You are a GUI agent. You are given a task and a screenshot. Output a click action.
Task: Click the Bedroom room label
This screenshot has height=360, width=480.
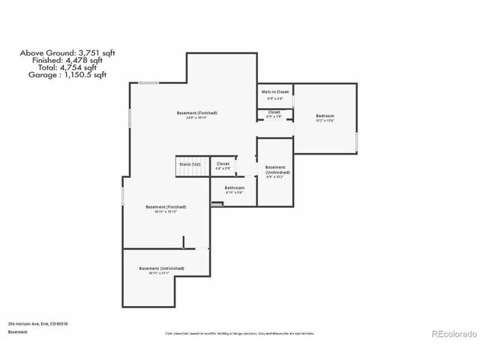(324, 115)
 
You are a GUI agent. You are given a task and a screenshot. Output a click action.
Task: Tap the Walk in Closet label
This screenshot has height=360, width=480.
(275, 91)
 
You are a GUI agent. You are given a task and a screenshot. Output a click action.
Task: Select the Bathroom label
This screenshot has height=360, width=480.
(235, 187)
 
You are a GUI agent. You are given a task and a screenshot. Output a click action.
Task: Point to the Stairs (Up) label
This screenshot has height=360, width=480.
(190, 163)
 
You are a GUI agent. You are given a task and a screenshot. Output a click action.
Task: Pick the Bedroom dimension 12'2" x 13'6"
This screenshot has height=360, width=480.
(324, 121)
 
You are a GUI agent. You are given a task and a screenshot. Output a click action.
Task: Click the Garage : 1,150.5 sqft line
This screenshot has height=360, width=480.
(67, 75)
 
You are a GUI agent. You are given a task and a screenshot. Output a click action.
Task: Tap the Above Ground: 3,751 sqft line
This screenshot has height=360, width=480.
(67, 52)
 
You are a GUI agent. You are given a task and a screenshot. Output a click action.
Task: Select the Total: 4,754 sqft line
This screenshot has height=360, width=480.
(67, 67)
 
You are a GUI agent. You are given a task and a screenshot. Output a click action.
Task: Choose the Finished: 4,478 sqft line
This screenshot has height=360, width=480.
(67, 60)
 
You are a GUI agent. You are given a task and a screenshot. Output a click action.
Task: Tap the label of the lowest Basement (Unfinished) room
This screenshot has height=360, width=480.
(161, 268)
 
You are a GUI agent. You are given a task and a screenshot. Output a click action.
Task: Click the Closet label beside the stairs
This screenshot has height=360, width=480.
(223, 163)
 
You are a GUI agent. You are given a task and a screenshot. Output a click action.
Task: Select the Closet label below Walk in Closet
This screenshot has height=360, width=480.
(274, 112)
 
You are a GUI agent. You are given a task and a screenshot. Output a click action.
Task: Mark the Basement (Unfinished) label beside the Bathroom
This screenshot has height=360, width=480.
(275, 169)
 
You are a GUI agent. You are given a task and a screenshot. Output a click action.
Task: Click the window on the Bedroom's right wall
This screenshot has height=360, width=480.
(357, 142)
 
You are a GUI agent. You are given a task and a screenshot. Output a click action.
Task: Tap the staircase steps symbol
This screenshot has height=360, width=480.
(190, 172)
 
